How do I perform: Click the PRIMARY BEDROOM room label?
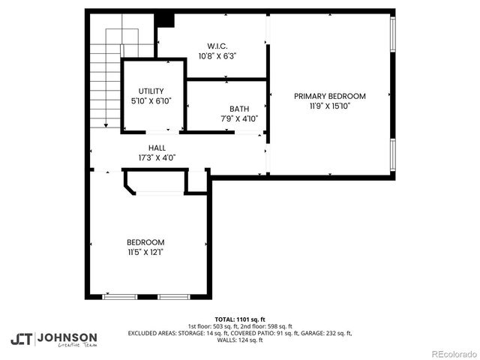(329, 96)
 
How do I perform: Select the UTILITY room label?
(151, 91)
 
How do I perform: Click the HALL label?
(157, 148)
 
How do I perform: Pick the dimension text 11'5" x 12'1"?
(145, 252)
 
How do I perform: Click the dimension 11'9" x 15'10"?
(329, 106)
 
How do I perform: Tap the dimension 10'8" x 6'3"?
(217, 55)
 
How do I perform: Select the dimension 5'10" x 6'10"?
(151, 100)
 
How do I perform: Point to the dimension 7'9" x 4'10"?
(239, 118)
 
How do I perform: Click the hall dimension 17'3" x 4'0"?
(157, 158)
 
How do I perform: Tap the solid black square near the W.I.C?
(166, 19)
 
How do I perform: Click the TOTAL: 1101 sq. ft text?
(240, 319)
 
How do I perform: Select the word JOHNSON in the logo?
(67, 337)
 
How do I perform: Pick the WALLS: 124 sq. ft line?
(240, 340)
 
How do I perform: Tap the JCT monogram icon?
(22, 339)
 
